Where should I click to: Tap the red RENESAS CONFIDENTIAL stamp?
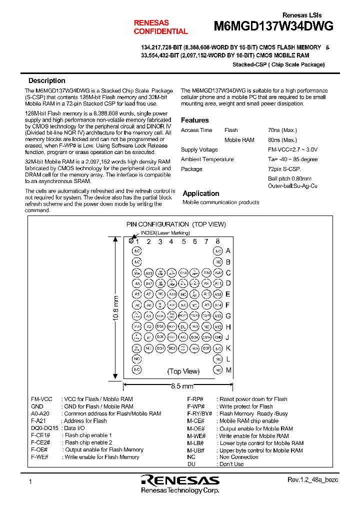160,27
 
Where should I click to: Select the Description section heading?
46,80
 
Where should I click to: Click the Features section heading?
194,120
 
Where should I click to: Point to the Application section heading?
200,193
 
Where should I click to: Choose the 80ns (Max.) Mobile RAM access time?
282,140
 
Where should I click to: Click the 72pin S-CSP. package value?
285,169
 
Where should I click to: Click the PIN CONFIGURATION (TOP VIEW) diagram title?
176,224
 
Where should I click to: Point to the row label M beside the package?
228,370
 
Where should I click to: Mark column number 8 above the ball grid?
217,241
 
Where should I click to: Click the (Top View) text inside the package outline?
183,371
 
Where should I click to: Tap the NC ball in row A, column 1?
136,251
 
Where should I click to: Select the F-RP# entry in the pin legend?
194,399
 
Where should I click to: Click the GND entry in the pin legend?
37,406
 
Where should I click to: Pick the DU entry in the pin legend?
191,464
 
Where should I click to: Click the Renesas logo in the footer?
180,481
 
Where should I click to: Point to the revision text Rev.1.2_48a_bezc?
313,479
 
